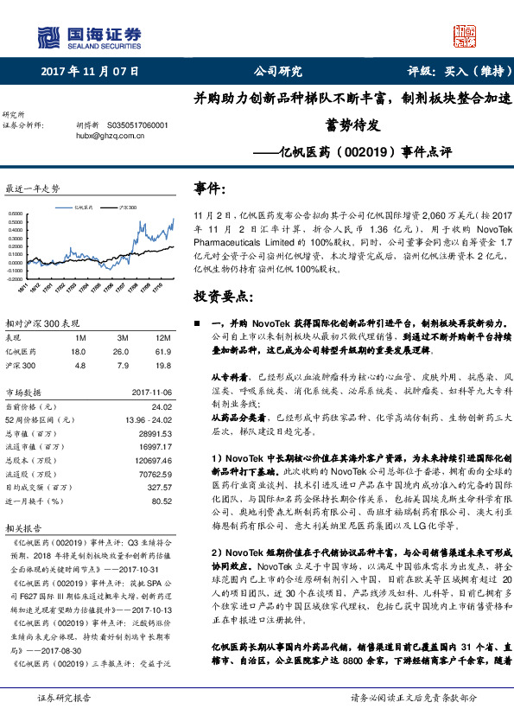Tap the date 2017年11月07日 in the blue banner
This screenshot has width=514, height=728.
click(x=91, y=72)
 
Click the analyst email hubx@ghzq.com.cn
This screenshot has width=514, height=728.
click(x=108, y=136)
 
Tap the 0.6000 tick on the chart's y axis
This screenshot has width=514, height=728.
click(x=16, y=212)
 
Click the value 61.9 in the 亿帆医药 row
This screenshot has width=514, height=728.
click(x=163, y=352)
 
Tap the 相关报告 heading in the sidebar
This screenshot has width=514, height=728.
click(x=23, y=527)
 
